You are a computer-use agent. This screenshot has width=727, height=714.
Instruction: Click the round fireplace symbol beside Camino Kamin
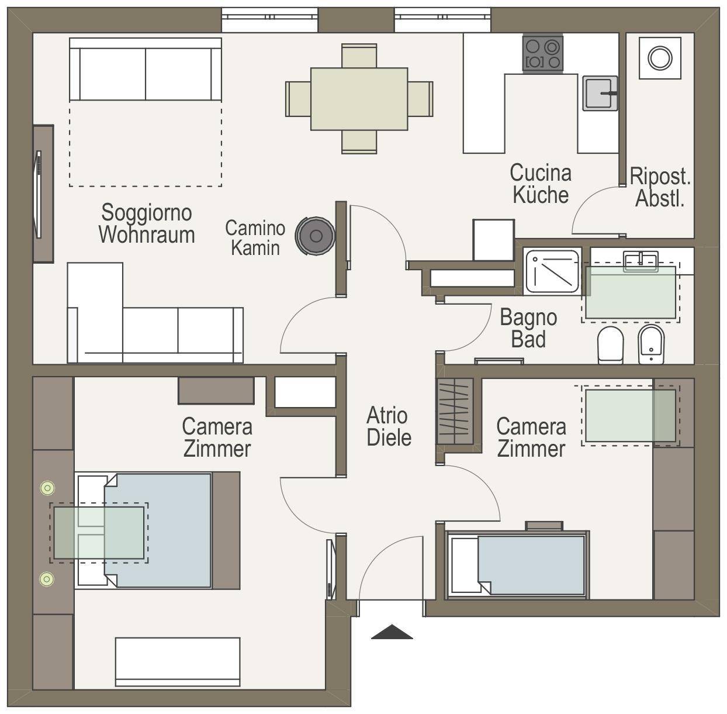pos(316,236)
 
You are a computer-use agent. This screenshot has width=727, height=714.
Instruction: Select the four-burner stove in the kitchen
pos(542,54)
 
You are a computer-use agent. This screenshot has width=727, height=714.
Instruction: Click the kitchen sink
pos(600,93)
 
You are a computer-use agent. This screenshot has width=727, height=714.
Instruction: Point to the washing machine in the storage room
pos(660,58)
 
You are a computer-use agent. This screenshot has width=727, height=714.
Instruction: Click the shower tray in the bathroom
pos(552,271)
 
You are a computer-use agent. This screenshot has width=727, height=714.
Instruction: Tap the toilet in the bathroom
pos(611,345)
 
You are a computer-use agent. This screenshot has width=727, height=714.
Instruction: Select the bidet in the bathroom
pos(651,344)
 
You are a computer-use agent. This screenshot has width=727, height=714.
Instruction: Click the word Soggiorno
pos(146,213)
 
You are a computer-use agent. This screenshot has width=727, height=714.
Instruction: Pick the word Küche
pos(541,195)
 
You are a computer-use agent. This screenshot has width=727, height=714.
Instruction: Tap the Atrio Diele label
pos(389,427)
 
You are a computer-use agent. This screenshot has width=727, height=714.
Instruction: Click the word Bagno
pos(528,318)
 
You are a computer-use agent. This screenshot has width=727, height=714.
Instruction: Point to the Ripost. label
pos(660,176)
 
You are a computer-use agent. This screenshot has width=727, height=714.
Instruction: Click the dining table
pos(359,99)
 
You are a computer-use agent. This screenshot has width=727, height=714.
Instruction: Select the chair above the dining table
pos(359,56)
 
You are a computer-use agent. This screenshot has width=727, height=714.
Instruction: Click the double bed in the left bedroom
pos(157,530)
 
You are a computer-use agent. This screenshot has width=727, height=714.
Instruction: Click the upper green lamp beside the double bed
pos(47,488)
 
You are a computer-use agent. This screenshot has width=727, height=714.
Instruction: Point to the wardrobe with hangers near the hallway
pos(455,411)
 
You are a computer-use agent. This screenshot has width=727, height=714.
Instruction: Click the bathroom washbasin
pos(641,261)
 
